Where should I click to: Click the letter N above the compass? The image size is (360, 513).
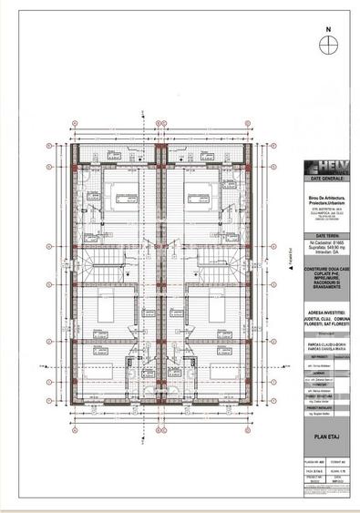(x=326, y=27)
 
